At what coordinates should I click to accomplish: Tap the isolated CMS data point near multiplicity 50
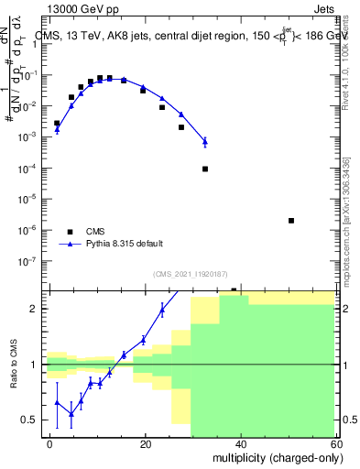click(290, 221)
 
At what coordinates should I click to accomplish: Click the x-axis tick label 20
click(146, 443)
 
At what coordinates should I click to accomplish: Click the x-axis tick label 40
click(240, 443)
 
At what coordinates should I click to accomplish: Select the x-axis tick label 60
click(334, 443)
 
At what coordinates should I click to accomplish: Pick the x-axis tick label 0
click(50, 443)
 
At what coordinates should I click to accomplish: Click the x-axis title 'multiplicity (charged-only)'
click(274, 457)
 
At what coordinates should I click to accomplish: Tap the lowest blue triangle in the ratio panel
click(71, 413)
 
